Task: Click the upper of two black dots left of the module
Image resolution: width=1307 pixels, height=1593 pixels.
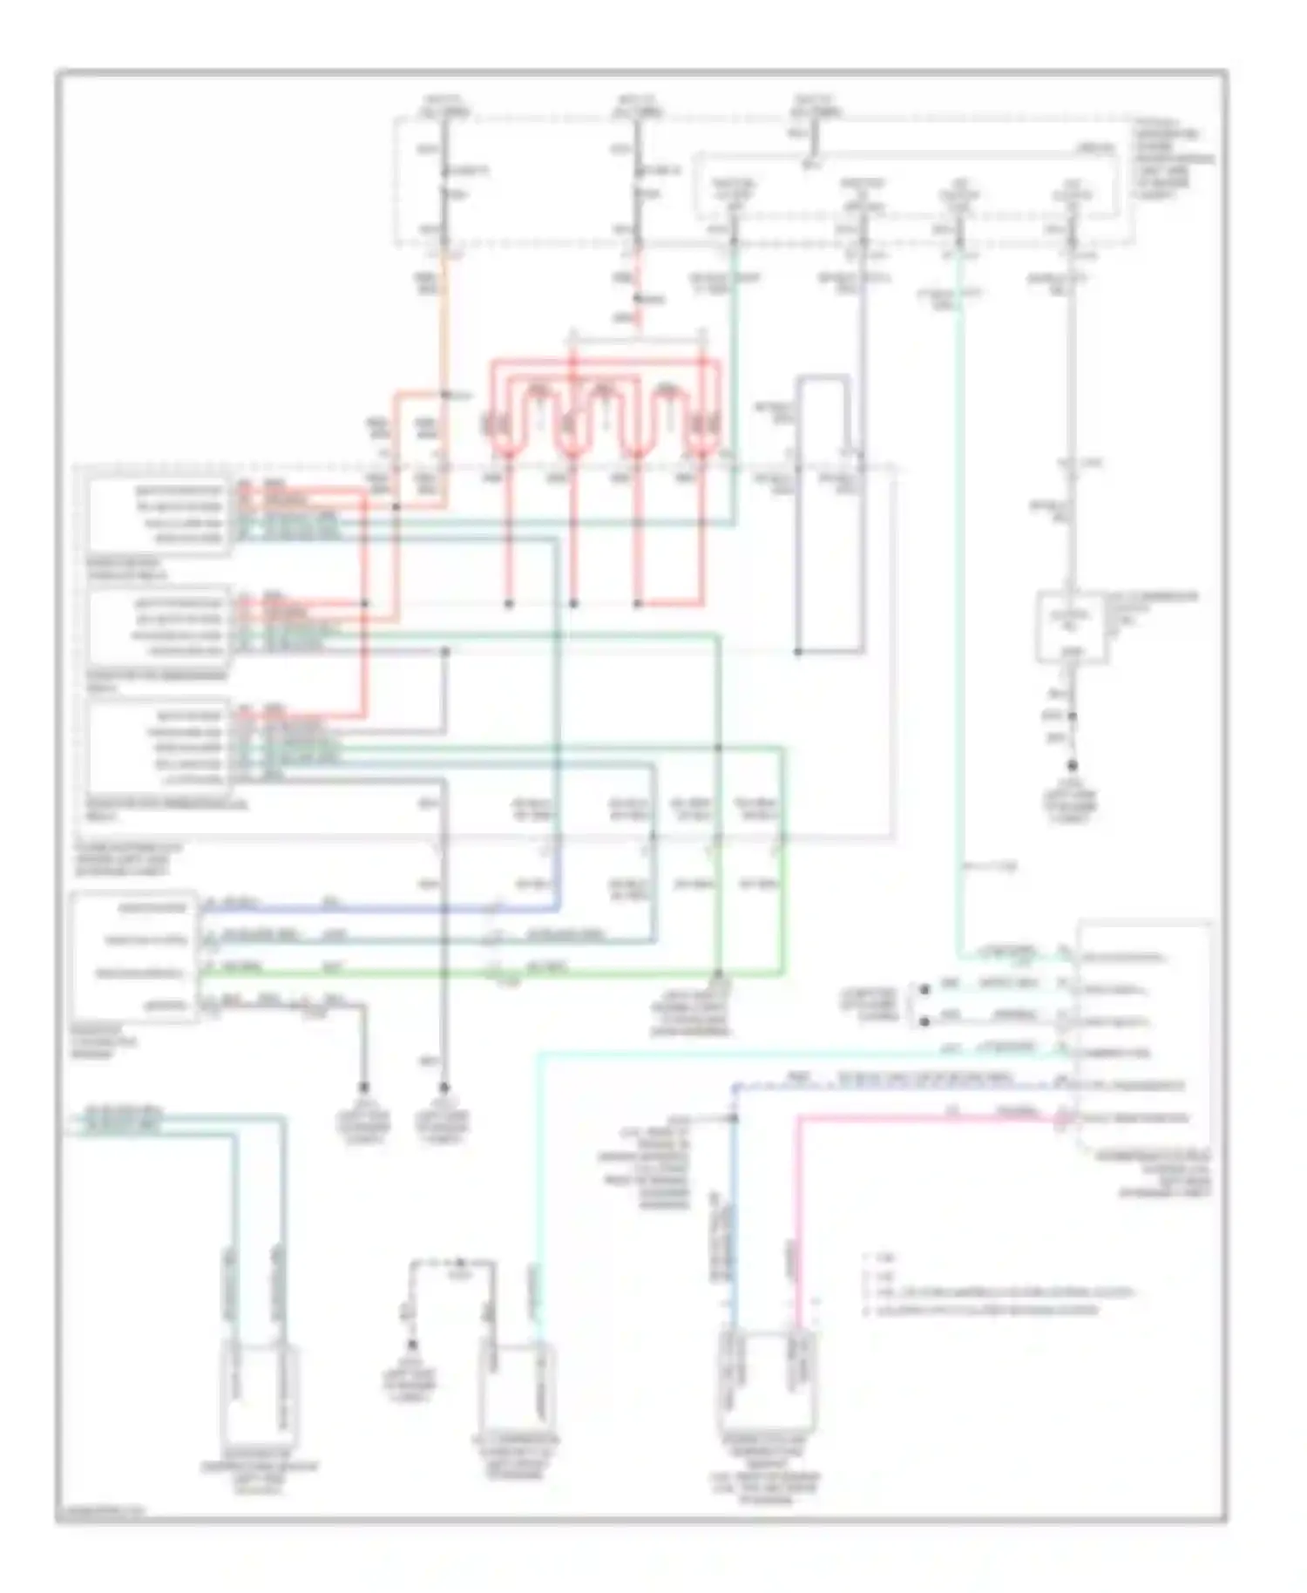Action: click(x=924, y=989)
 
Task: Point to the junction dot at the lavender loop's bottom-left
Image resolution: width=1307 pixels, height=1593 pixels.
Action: click(x=798, y=651)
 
